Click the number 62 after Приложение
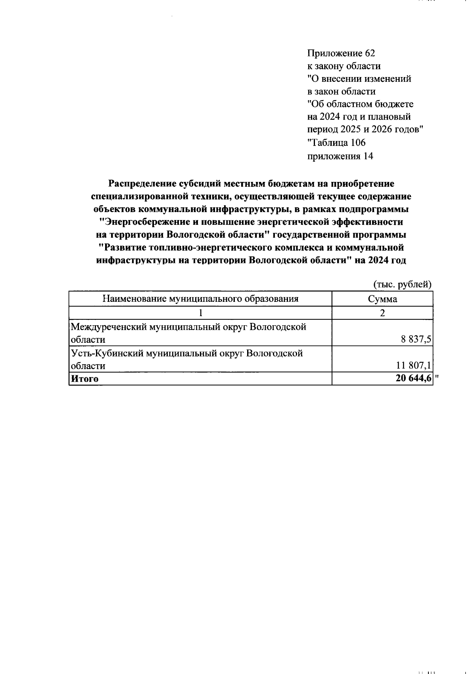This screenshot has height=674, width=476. click(369, 53)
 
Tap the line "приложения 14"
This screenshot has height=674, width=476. click(340, 156)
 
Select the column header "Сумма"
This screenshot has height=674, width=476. click(382, 299)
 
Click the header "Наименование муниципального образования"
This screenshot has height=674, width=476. click(200, 299)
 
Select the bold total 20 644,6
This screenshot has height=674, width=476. click(413, 379)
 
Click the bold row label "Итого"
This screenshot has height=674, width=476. click(84, 379)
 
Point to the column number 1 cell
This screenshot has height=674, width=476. click(201, 313)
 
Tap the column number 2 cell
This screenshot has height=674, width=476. click(382, 313)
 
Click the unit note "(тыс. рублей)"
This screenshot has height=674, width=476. click(402, 284)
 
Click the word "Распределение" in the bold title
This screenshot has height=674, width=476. click(141, 183)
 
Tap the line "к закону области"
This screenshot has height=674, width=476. click(344, 66)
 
